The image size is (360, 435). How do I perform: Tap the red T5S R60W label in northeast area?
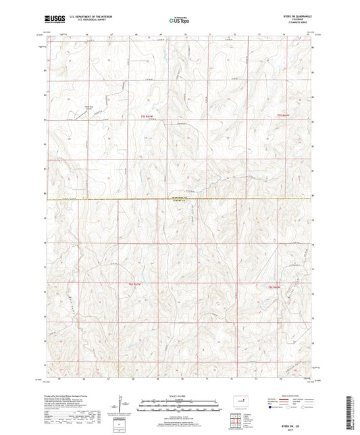(x=284, y=116)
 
